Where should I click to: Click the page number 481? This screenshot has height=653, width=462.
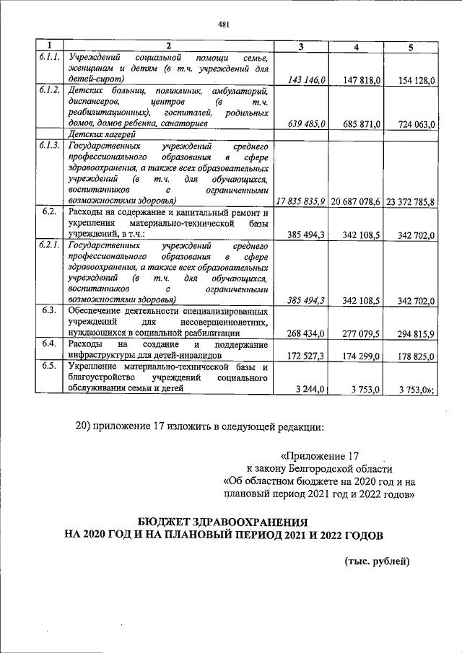(x=223, y=25)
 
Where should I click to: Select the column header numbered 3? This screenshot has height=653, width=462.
(x=300, y=47)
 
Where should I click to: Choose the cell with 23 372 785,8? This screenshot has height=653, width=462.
(x=410, y=200)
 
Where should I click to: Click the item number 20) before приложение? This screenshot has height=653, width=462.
(x=85, y=426)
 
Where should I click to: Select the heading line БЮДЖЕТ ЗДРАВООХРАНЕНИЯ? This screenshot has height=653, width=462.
(x=223, y=521)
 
